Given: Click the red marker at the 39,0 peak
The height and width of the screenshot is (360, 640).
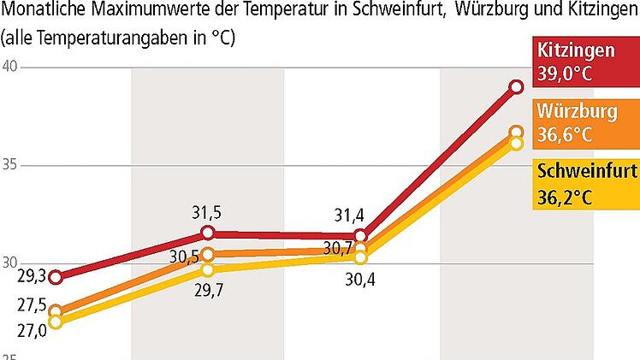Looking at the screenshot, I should click(x=516, y=86).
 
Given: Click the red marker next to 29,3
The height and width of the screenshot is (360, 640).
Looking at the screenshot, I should click(x=56, y=276).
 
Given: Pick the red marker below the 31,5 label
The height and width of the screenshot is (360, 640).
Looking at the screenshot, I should click(x=208, y=233).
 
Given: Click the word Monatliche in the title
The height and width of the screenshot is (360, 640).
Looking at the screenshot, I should click(x=42, y=13).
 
